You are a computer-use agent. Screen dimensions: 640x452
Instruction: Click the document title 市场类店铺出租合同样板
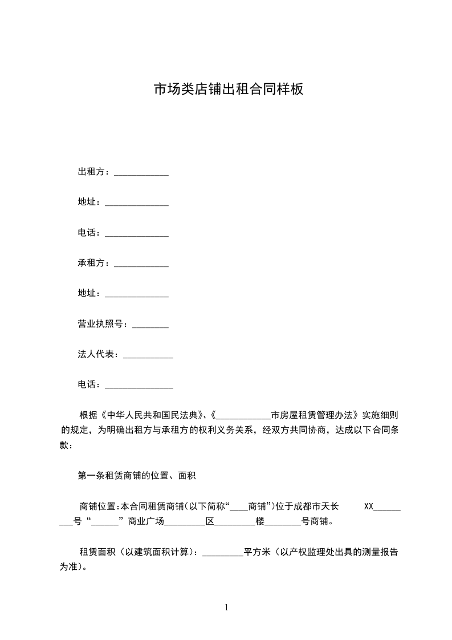[x=229, y=90]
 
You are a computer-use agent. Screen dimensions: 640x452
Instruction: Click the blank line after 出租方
[x=141, y=172]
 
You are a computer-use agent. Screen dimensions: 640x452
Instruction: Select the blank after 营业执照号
[x=150, y=325]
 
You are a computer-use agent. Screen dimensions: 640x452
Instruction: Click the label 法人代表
[x=97, y=355]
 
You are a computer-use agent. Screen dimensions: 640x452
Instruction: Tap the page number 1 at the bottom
[x=226, y=607]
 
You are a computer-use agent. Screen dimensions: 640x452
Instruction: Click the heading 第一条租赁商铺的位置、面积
[x=137, y=475]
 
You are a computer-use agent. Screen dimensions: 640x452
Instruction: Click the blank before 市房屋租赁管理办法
[x=244, y=415]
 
